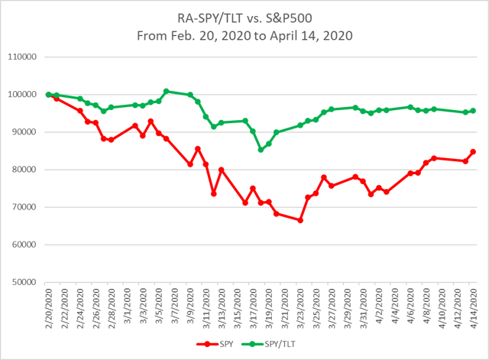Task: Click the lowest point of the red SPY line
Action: (x=300, y=220)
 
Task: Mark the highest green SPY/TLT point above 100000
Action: (x=167, y=92)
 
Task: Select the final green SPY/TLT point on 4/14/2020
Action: (x=473, y=111)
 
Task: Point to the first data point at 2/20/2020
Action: (x=49, y=95)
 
